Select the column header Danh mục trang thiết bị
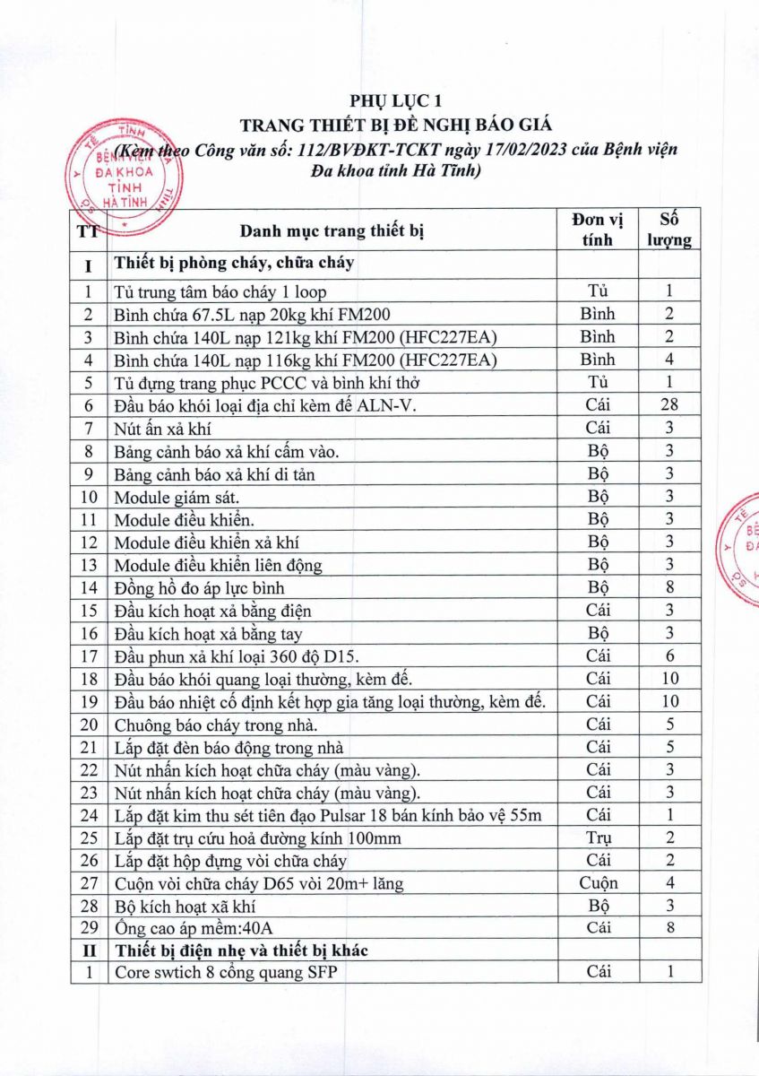tap(331, 231)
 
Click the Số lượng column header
tap(669, 230)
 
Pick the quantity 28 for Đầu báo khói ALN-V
tap(669, 403)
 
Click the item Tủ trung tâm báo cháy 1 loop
tap(220, 291)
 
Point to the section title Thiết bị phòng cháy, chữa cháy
tap(233, 264)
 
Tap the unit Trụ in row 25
tap(599, 837)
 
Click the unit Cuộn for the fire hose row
tap(599, 883)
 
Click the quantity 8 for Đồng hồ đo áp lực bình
tap(669, 588)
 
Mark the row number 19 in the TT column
tap(88, 701)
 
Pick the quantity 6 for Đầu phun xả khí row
tap(669, 655)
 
